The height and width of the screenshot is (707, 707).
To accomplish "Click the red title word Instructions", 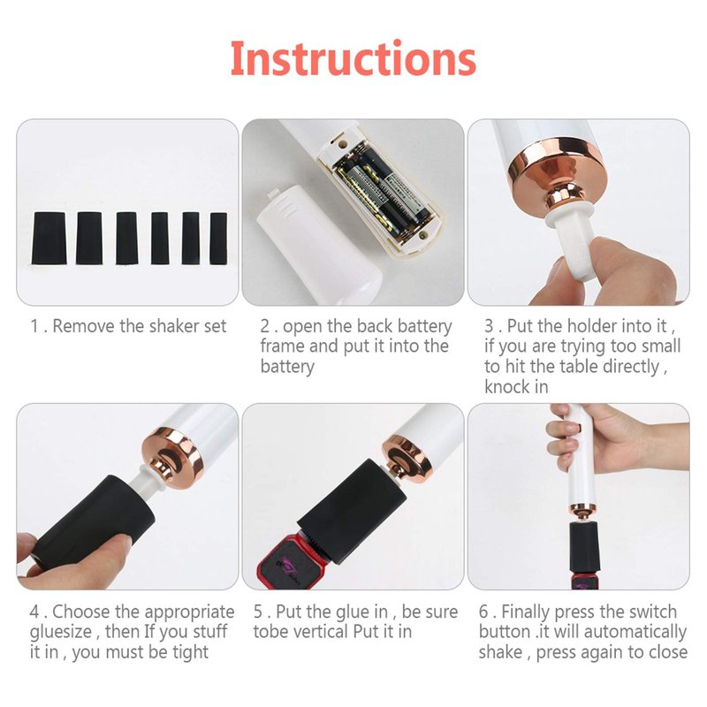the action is (353, 59).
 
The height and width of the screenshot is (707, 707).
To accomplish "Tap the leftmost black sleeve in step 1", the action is (49, 238).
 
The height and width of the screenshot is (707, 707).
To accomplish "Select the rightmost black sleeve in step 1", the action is (218, 239).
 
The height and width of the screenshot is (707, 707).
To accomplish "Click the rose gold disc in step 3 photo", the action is (558, 171).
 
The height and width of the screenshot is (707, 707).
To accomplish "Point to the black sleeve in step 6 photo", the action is (585, 546).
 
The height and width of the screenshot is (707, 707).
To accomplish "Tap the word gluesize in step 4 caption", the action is (61, 632).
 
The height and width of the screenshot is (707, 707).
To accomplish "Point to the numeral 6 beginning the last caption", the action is (483, 612).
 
